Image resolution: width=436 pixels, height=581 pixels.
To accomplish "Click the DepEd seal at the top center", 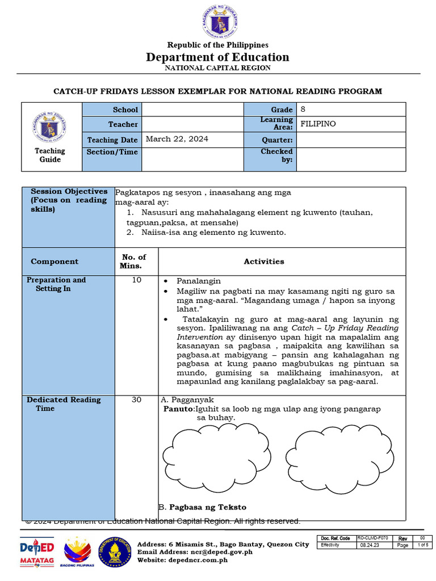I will coord(218,22).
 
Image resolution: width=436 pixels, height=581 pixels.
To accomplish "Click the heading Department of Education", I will coord(217,57).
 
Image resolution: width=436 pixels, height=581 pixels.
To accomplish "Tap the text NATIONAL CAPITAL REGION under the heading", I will coord(217,68).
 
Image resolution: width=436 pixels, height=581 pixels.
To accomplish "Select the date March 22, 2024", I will coord(177,139).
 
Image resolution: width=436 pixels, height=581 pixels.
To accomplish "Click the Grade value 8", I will coord(303,110).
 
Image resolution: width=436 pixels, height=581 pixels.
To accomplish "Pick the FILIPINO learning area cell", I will coord(318,124).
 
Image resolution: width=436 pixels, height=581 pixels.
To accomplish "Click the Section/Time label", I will coord(112,152).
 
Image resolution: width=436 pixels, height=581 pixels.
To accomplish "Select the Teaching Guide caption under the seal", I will coord(50,155).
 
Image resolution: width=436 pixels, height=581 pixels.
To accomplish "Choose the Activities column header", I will coord(264,262).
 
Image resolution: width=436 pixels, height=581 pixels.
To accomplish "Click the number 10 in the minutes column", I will coord(136,280).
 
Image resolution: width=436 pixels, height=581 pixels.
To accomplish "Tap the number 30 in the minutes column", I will coord(136,399).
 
